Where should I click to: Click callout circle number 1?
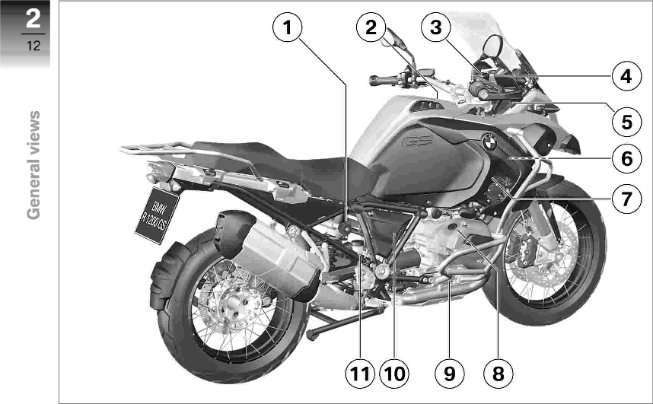(286, 29)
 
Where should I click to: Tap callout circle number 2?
(371, 29)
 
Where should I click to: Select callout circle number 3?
(435, 29)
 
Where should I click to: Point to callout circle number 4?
(625, 76)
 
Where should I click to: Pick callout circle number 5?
(625, 120)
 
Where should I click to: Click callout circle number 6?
(625, 159)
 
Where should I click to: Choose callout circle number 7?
(625, 199)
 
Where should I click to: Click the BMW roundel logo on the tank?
(490, 142)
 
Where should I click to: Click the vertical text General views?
(33, 164)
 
